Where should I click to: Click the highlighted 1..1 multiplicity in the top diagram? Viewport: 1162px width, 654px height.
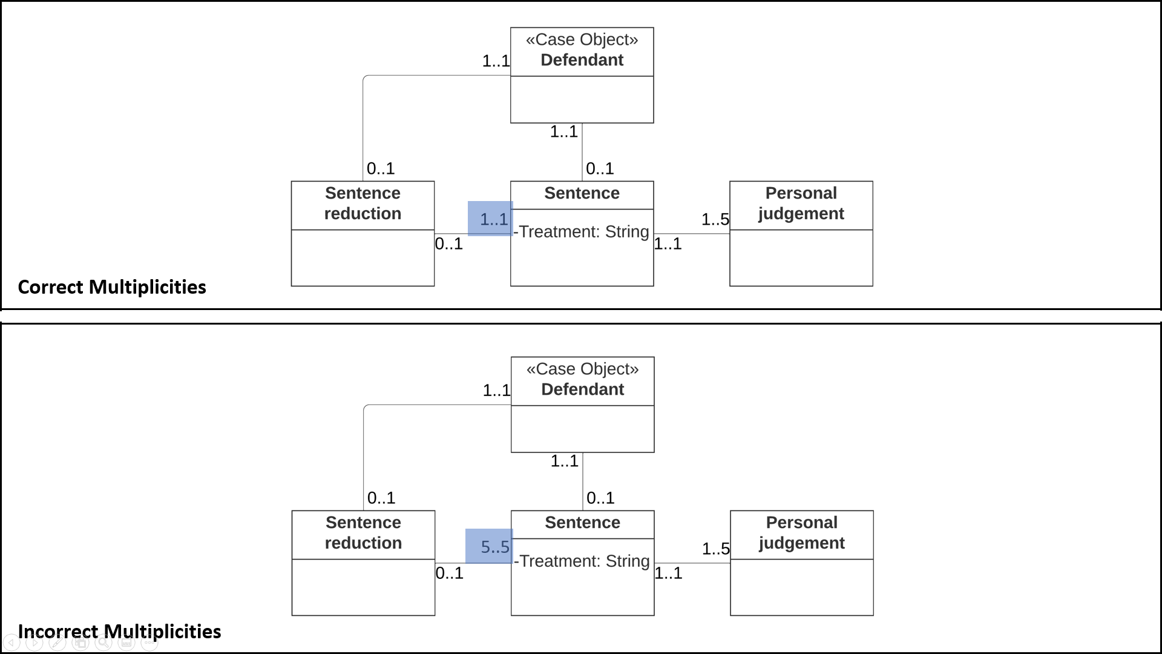[x=493, y=219]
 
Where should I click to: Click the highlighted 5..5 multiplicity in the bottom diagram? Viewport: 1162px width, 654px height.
[x=494, y=547]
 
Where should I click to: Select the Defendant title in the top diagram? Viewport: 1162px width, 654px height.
[x=582, y=60]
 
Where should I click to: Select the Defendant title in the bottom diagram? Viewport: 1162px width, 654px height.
[x=582, y=389]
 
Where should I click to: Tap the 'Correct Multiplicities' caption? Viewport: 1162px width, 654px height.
[x=112, y=287]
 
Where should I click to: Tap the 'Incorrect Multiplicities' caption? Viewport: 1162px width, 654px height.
[x=119, y=632]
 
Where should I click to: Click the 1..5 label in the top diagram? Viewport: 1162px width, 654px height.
[x=715, y=219]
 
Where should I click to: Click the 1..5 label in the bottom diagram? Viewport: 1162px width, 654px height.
[x=715, y=549]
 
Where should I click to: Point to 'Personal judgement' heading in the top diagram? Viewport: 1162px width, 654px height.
[x=801, y=203]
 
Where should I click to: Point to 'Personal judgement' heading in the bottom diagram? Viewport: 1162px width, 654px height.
[x=801, y=533]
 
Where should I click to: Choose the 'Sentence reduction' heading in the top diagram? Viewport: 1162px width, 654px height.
[x=363, y=203]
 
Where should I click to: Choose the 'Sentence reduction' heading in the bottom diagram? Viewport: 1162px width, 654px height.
[x=363, y=533]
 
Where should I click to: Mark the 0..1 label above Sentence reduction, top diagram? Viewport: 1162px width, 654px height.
[x=380, y=168]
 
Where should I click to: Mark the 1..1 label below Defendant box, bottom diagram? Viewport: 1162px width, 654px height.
[x=564, y=461]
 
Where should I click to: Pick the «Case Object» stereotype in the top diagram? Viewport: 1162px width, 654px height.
[x=582, y=39]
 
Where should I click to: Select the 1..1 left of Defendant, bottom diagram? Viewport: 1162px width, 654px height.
[x=496, y=390]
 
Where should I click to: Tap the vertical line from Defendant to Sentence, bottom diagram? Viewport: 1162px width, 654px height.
[x=583, y=481]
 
